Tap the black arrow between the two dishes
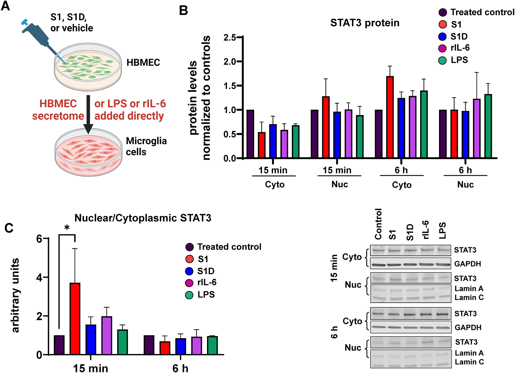(88, 114)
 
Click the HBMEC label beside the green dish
(143, 62)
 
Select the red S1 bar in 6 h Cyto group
(390, 117)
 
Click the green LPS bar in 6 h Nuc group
(488, 126)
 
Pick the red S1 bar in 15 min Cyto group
(262, 145)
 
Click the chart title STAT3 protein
(365, 23)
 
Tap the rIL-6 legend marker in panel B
(442, 48)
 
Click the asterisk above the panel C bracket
(67, 228)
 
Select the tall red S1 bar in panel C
(75, 319)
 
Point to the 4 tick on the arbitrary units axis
(39, 278)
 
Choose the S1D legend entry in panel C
(206, 271)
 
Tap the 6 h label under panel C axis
(180, 368)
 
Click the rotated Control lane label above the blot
(378, 224)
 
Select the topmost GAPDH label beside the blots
(468, 264)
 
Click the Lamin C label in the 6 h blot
(469, 362)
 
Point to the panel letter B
(183, 11)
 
